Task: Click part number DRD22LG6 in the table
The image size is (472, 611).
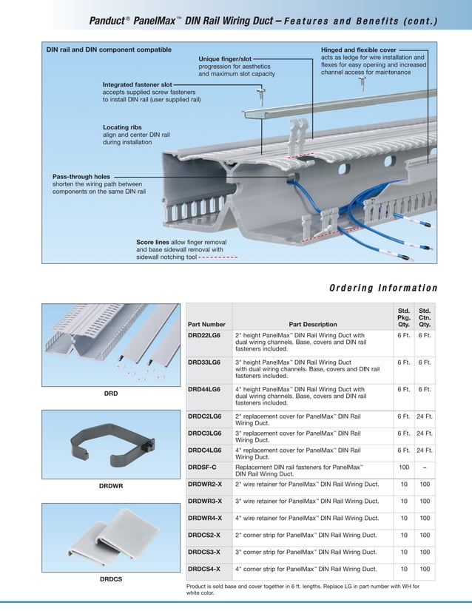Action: pyautogui.click(x=205, y=334)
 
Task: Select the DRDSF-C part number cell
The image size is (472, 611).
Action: pyautogui.click(x=204, y=467)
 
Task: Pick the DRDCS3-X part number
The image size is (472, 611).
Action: pyautogui.click(x=206, y=551)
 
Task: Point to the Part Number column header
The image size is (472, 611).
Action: pyautogui.click(x=206, y=324)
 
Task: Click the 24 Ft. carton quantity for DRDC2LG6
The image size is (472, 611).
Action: pyautogui.click(x=425, y=417)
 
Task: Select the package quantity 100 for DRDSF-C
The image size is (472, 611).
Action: pyautogui.click(x=404, y=467)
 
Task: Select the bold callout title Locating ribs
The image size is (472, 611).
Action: pyautogui.click(x=125, y=127)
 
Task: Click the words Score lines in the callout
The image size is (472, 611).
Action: pyautogui.click(x=153, y=242)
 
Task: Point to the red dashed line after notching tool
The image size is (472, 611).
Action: pyautogui.click(x=218, y=257)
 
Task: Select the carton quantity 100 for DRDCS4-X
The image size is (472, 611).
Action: pyautogui.click(x=425, y=569)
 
